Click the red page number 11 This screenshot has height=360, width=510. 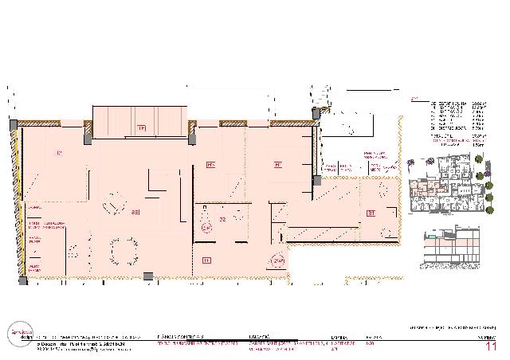coord(490,346)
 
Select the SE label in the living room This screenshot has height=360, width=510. coord(135,213)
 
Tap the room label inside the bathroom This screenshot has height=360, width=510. coord(223,218)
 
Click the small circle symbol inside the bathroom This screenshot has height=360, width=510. coord(207,228)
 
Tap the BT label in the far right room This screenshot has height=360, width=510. coord(370,213)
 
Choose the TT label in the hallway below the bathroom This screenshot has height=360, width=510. coord(206,260)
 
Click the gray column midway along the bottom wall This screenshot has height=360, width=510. coord(148,276)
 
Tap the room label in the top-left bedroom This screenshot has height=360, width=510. coord(58,152)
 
